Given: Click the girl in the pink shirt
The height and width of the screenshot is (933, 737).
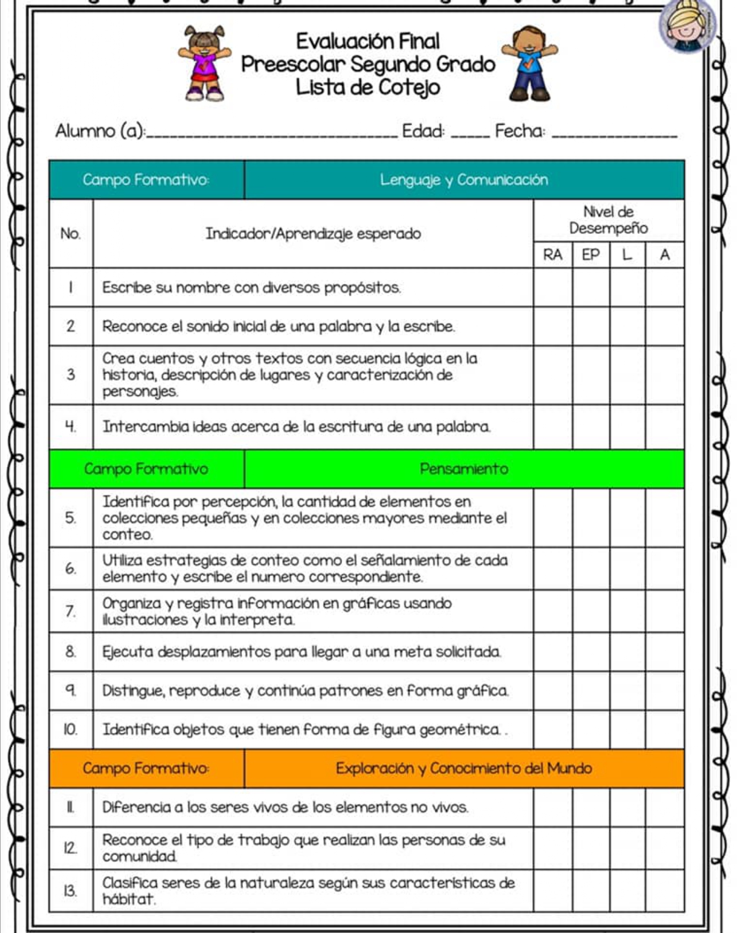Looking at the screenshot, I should [205, 63].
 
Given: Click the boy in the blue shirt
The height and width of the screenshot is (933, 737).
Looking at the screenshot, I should [529, 63].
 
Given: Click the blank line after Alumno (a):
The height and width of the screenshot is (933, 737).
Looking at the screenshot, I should [272, 134].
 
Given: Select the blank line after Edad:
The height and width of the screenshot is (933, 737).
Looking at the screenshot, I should [470, 134].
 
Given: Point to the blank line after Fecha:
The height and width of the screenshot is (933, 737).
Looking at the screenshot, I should [614, 134].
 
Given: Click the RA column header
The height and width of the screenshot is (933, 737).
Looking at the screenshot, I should [552, 255].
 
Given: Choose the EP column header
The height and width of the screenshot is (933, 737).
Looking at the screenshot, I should [590, 255].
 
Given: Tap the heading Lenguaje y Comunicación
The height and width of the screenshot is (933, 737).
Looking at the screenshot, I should [464, 180].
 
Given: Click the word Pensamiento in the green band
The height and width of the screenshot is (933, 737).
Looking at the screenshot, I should [464, 469].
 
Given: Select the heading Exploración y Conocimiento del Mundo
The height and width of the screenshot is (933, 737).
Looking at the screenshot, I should [464, 768].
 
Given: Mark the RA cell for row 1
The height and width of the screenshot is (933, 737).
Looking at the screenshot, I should [552, 287].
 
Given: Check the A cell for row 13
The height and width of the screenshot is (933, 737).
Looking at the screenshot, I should [665, 891].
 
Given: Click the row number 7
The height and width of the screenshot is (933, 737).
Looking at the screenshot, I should [71, 611].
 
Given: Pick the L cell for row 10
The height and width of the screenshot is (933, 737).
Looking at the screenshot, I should [627, 729].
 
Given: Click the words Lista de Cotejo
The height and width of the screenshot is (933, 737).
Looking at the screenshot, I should [368, 88].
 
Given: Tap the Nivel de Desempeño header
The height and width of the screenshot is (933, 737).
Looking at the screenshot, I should [608, 220].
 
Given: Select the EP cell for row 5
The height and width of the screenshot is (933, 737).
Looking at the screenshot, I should [590, 518].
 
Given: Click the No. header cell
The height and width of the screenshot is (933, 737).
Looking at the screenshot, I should [71, 233].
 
